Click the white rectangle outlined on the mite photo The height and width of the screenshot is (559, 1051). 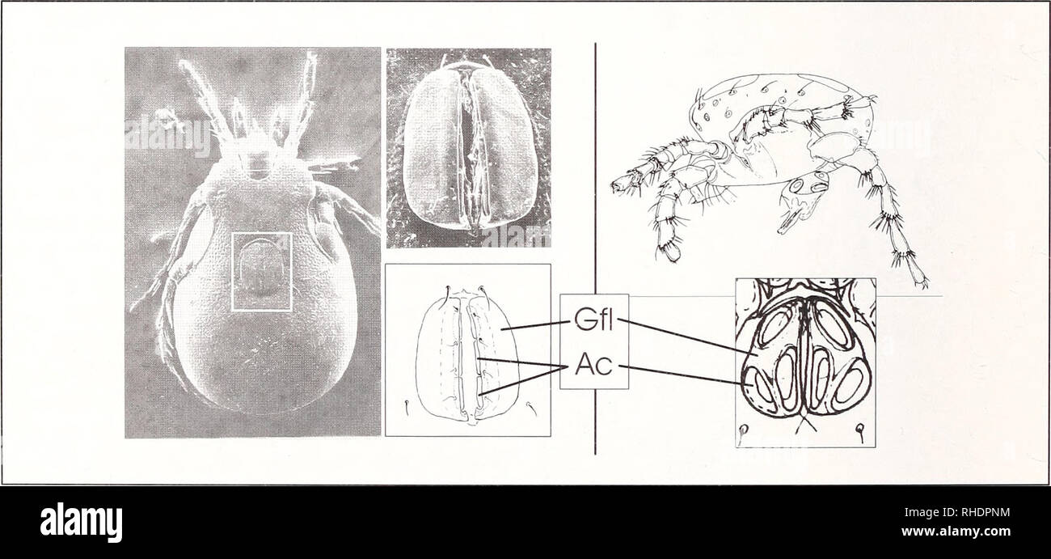click(x=262, y=272)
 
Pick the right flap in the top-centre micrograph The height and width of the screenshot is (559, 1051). click(x=504, y=150)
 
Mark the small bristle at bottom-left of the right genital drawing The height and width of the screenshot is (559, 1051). click(x=746, y=437)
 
